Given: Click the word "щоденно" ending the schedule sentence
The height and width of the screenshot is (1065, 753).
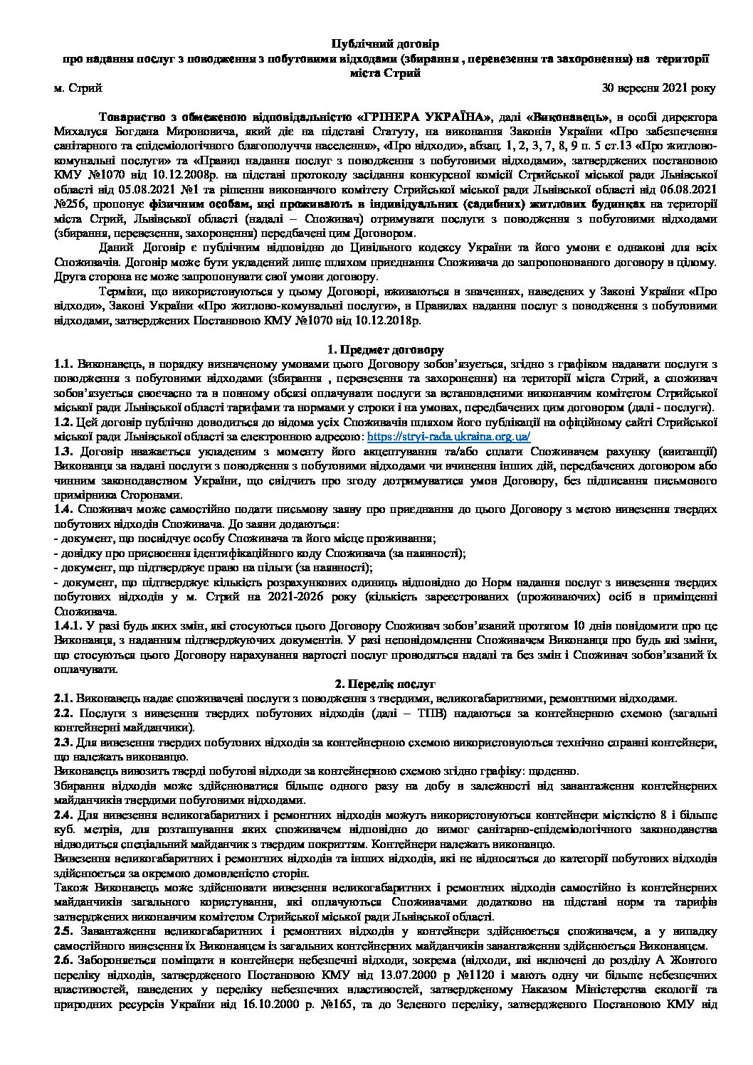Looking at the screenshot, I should pyautogui.click(x=558, y=771).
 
